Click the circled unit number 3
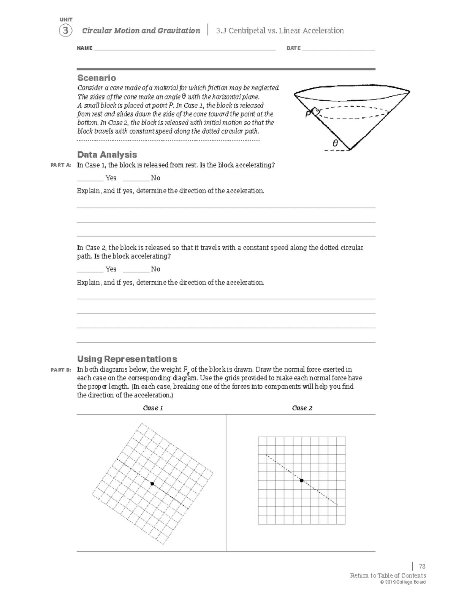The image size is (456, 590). [x=65, y=31]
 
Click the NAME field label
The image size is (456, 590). [x=84, y=48]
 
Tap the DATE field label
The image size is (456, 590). [x=293, y=48]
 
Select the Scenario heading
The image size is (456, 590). [x=97, y=78]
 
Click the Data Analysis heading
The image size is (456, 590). [x=107, y=155]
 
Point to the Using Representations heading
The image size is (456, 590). [x=127, y=359]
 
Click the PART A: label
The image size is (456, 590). [x=61, y=165]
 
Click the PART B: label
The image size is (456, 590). [x=61, y=370]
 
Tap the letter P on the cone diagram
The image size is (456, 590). [x=308, y=113]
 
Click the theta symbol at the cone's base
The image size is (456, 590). [x=335, y=144]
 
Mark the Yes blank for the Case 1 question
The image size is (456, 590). [x=90, y=178]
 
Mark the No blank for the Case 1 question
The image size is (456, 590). [x=136, y=178]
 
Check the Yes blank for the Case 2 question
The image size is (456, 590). [x=90, y=269]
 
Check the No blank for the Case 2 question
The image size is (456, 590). [x=136, y=269]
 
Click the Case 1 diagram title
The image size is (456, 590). [x=153, y=408]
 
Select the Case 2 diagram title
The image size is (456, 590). [x=302, y=408]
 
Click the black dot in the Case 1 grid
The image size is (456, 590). [x=152, y=484]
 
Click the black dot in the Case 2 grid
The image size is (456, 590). [x=301, y=481]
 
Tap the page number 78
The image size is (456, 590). [x=422, y=566]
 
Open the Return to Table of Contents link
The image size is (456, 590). [x=388, y=576]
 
